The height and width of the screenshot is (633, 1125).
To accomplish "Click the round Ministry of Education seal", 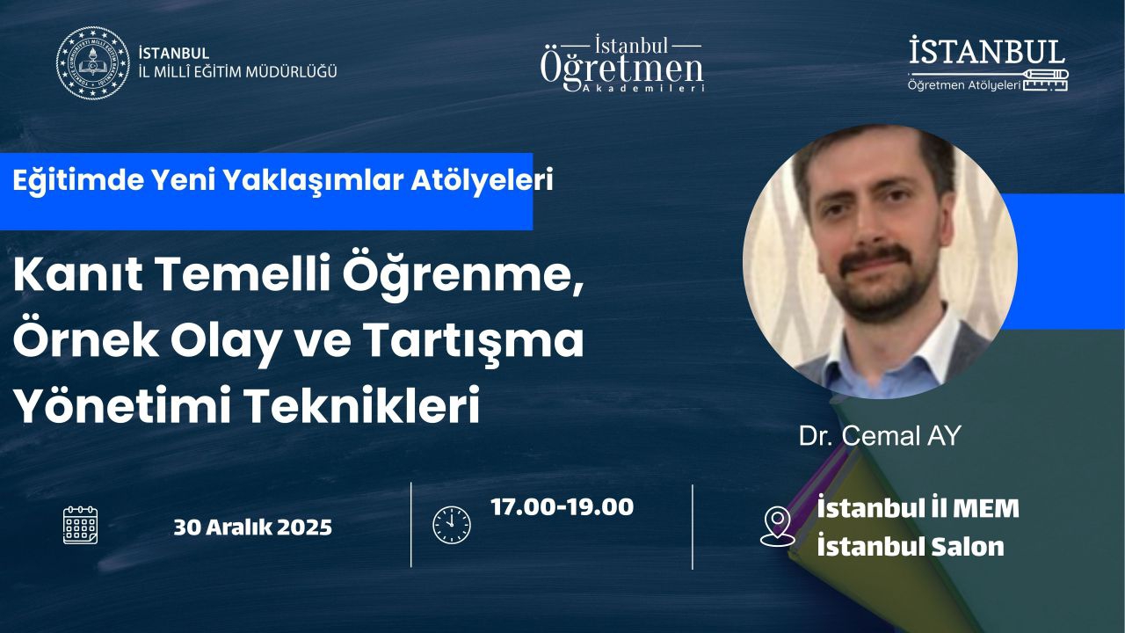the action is [92, 62].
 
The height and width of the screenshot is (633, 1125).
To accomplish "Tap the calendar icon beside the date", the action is [80, 526].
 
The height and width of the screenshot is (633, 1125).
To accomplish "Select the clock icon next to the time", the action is [452, 525].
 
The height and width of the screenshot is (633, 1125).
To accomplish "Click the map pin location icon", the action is [778, 526].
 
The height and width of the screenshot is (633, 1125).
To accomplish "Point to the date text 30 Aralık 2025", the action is [252, 527].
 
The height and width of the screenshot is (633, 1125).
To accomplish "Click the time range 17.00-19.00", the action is [562, 507].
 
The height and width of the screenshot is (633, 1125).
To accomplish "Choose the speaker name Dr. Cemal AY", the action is [880, 435].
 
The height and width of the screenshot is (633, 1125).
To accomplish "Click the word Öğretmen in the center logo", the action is [621, 69].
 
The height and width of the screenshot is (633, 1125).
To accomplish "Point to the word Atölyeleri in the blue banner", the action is [483, 180].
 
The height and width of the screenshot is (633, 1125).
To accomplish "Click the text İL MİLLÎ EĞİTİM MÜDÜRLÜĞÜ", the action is [237, 72].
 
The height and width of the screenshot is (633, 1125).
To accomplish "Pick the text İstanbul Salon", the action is [911, 547].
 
